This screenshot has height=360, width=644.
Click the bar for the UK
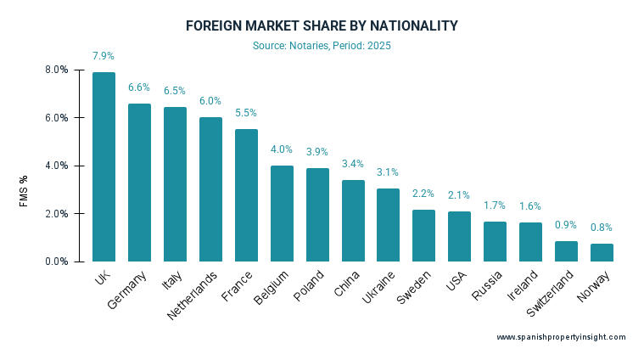pyautogui.click(x=104, y=166)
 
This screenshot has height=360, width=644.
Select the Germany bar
pyautogui.click(x=139, y=183)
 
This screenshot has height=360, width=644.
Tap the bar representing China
pyautogui.click(x=353, y=221)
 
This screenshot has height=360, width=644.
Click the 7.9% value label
pyautogui.click(x=104, y=56)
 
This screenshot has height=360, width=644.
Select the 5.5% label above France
pyautogui.click(x=246, y=113)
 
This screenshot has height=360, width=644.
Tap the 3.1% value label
pyautogui.click(x=389, y=172)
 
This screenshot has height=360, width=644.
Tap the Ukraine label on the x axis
pyautogui.click(x=372, y=287)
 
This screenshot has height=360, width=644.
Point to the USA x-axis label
pyautogui.click(x=456, y=279)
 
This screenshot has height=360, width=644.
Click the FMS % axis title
pyautogui.click(x=24, y=191)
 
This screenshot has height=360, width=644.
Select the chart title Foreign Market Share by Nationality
pyautogui.click(x=322, y=26)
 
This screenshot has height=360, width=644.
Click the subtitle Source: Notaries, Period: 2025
pyautogui.click(x=322, y=45)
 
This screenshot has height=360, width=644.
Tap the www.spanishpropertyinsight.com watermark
pyautogui.click(x=561, y=337)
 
